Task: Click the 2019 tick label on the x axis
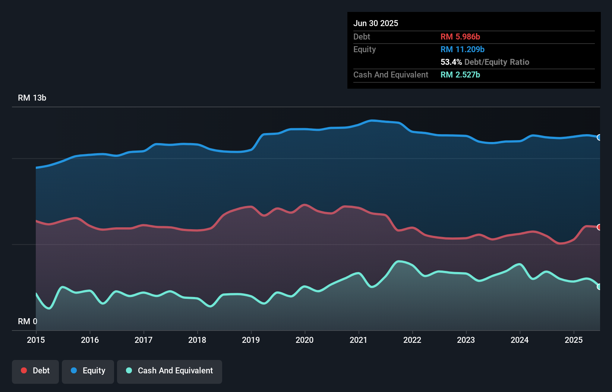pyautogui.click(x=251, y=340)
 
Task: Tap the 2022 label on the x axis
pyautogui.click(x=412, y=340)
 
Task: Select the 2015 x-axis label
pyautogui.click(x=36, y=340)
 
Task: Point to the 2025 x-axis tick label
pyautogui.click(x=574, y=340)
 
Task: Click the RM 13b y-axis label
pyautogui.click(x=32, y=98)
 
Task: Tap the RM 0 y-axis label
pyautogui.click(x=28, y=321)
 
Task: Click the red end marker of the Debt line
pyautogui.click(x=599, y=227)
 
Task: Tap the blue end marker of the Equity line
pyautogui.click(x=599, y=137)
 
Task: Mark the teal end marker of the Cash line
pyautogui.click(x=599, y=287)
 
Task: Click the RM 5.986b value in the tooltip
pyautogui.click(x=460, y=37)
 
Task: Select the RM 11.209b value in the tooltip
pyautogui.click(x=462, y=50)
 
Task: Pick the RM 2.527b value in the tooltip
pyautogui.click(x=460, y=75)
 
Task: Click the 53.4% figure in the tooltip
pyautogui.click(x=451, y=62)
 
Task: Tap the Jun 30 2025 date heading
pyautogui.click(x=376, y=23)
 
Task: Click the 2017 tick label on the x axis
pyautogui.click(x=143, y=340)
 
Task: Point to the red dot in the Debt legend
pyautogui.click(x=24, y=370)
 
